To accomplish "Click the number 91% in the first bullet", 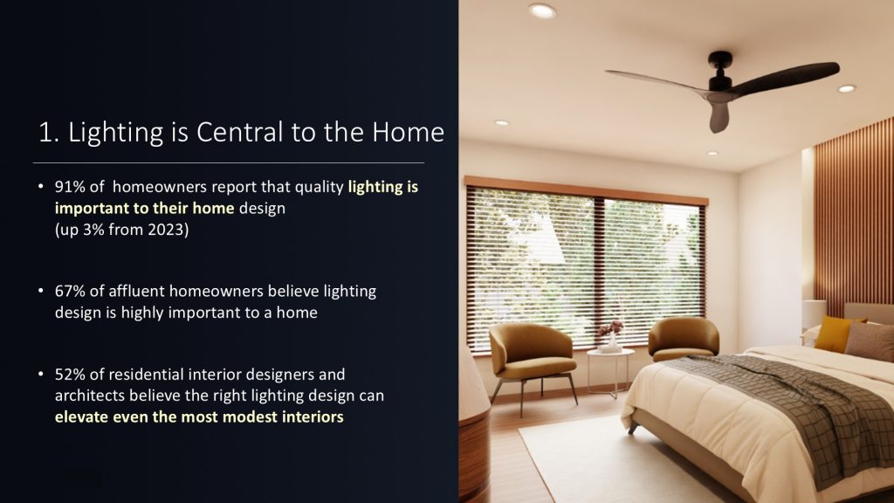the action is [70, 187].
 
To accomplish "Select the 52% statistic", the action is [70, 375].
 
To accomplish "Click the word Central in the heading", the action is [239, 133].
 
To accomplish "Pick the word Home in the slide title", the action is [408, 133].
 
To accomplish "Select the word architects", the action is [90, 396].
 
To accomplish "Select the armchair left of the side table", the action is [532, 356].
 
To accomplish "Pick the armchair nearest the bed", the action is [683, 339].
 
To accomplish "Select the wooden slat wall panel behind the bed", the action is [854, 217].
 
